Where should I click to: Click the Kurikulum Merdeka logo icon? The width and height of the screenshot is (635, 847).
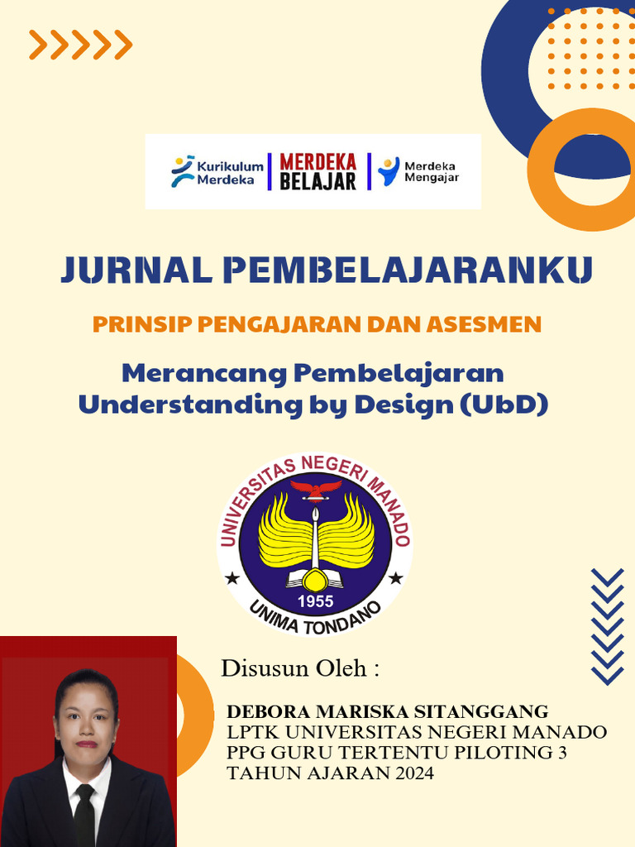[183, 171]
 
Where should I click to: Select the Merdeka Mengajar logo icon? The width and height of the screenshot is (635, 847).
[389, 171]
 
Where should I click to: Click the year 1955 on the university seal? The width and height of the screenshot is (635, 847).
[316, 601]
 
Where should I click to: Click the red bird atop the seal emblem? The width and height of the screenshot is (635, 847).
[315, 488]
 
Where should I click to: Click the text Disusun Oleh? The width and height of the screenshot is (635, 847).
[299, 668]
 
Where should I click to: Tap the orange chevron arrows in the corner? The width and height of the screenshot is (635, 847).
[80, 45]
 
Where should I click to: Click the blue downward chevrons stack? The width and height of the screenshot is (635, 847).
[608, 626]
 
